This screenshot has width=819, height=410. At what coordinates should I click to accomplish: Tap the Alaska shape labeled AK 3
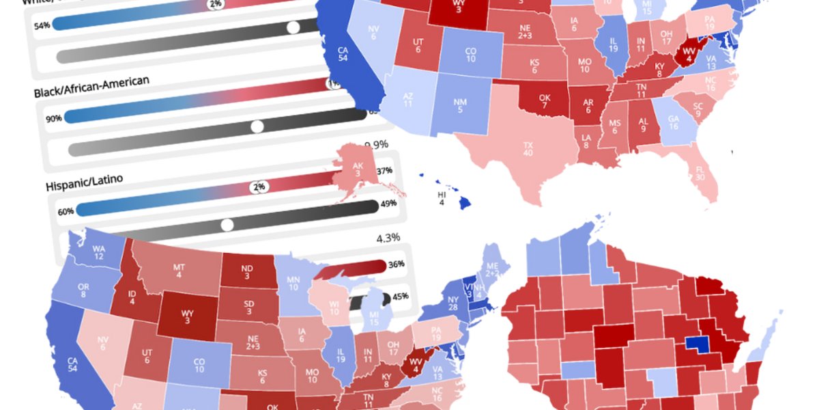[357, 169]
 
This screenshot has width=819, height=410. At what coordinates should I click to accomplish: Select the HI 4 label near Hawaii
[442, 198]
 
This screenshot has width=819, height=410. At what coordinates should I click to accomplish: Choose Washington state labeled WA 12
[99, 251]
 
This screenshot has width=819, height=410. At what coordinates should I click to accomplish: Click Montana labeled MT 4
[179, 270]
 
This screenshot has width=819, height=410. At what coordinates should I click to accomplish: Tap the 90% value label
[54, 118]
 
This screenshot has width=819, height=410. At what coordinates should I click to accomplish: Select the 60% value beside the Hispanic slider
[66, 212]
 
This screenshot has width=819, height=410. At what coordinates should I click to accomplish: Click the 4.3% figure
[388, 238]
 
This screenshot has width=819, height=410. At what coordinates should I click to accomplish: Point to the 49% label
[389, 204]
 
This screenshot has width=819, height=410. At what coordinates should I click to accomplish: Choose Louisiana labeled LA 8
[586, 141]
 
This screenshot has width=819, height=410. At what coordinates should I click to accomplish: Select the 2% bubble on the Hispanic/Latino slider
[259, 187]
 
